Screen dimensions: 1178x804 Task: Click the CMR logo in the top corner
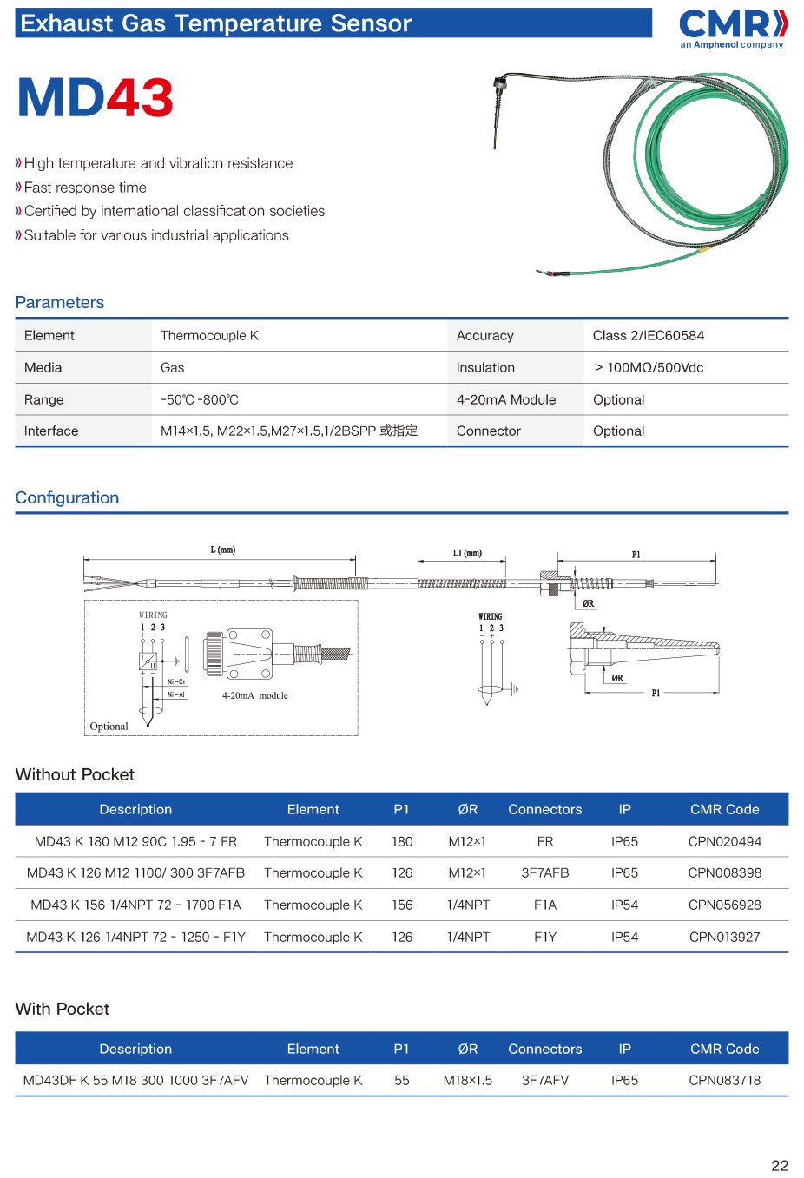coord(733,27)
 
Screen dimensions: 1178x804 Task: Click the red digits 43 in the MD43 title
coord(140,98)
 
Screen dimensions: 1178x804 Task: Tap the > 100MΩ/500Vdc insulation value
coord(649,368)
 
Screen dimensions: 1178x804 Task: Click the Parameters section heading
coord(60,303)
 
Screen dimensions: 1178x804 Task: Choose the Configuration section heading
coord(67,498)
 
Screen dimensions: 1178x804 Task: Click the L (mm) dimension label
coord(222,550)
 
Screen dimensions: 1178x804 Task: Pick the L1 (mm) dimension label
coord(467,553)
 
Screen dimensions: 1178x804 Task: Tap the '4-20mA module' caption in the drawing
coord(254,695)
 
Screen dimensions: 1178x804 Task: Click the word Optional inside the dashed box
coord(109,727)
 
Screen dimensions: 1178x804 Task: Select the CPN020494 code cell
coord(724,842)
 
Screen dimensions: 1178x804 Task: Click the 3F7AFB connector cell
coord(544,873)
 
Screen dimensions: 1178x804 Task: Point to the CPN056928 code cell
coord(724,905)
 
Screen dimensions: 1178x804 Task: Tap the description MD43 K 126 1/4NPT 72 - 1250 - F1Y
coord(135,938)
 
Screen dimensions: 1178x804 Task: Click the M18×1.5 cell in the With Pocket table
coord(467,1081)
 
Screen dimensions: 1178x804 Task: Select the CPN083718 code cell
coord(724,1081)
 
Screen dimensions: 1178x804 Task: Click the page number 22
coord(780,1166)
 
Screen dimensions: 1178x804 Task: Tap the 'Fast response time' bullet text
coord(85,188)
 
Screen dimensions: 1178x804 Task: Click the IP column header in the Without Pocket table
coord(624,810)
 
